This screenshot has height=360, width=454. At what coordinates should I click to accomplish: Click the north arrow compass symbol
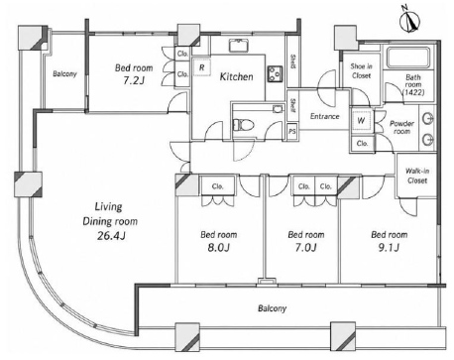(x=410, y=21)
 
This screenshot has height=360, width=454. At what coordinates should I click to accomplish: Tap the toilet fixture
(x=244, y=125)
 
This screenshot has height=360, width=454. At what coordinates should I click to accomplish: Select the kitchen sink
(x=239, y=46)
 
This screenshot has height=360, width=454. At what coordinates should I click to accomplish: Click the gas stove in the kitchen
(x=275, y=74)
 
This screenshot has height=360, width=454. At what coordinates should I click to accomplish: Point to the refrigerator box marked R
(x=201, y=67)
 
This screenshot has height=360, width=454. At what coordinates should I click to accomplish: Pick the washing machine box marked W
(x=362, y=120)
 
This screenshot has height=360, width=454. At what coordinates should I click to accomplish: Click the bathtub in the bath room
(x=409, y=58)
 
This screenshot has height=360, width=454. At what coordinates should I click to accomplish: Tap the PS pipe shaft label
(x=292, y=132)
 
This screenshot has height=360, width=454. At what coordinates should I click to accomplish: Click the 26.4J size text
(x=111, y=236)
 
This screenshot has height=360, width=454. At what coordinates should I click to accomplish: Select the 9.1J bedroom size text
(x=389, y=247)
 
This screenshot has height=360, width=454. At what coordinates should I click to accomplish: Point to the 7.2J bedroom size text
(x=134, y=80)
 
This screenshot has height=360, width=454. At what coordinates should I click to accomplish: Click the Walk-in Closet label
(x=417, y=176)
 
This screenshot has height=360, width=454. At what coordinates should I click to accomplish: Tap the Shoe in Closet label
(x=361, y=70)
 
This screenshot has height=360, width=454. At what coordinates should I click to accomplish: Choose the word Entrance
(x=324, y=116)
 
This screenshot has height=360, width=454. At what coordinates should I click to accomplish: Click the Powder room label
(x=401, y=127)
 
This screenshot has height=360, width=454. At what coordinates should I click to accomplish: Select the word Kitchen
(x=237, y=76)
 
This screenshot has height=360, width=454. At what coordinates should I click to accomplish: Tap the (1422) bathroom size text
(x=413, y=92)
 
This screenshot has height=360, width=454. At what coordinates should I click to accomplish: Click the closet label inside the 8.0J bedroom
(x=217, y=186)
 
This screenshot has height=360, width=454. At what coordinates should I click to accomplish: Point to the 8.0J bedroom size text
(x=218, y=247)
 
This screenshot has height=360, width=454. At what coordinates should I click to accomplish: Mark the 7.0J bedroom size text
(x=305, y=247)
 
